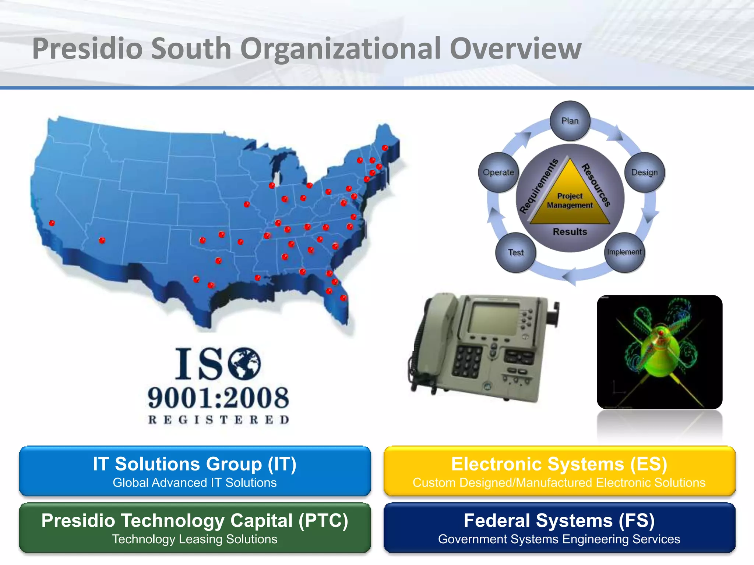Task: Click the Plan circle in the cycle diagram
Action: (x=570, y=121)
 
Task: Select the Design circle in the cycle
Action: (x=645, y=172)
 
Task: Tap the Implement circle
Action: (x=624, y=252)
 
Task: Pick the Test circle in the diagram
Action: (x=515, y=252)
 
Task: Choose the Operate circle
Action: (x=498, y=172)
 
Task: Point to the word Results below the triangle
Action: (x=570, y=232)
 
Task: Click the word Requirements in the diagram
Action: (x=538, y=186)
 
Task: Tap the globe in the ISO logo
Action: (x=244, y=364)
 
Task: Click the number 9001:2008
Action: (x=218, y=398)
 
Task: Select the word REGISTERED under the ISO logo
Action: (x=218, y=420)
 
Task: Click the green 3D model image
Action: (x=659, y=352)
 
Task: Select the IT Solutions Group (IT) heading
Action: (x=194, y=464)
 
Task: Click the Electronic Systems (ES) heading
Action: (x=559, y=464)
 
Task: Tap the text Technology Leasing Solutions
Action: (x=194, y=539)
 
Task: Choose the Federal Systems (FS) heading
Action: (x=559, y=520)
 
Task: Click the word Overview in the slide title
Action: (x=515, y=49)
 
